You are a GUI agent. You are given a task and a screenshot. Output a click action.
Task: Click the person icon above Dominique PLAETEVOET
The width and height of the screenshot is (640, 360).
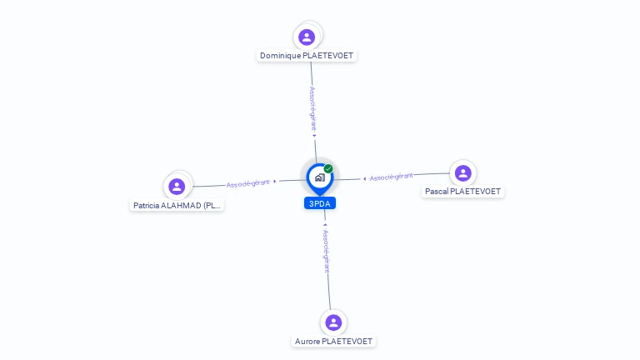(307, 37)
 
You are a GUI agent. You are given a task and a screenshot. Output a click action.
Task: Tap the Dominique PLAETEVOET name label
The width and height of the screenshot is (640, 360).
(307, 56)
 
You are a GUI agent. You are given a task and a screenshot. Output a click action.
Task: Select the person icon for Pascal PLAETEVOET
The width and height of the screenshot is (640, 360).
(463, 173)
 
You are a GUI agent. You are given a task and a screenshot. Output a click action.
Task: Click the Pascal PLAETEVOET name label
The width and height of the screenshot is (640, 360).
(462, 192)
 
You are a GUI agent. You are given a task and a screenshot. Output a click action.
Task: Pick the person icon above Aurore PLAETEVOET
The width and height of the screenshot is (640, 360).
(333, 322)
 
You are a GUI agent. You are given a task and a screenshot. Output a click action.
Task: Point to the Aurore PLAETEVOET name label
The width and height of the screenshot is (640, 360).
(334, 341)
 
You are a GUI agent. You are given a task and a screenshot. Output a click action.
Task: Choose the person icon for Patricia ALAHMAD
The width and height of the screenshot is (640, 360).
(177, 187)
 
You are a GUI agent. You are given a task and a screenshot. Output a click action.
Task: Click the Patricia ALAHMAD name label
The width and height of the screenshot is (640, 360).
(177, 205)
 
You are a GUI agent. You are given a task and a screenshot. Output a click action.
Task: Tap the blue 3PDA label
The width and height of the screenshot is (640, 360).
(320, 203)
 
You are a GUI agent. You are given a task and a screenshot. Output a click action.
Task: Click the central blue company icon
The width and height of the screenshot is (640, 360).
(319, 177)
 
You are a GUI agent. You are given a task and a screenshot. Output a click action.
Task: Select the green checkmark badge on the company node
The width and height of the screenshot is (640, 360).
(328, 168)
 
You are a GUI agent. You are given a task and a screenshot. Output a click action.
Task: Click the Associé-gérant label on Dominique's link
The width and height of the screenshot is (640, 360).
(312, 108)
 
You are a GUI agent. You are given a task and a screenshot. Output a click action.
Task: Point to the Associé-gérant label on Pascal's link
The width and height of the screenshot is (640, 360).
(391, 177)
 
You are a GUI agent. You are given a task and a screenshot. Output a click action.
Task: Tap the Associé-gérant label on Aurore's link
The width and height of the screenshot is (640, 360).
(327, 248)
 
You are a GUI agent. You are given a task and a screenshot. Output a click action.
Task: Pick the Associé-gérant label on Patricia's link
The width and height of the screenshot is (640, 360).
(248, 183)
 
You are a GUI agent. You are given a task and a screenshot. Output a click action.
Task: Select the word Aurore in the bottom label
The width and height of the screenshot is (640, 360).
(307, 341)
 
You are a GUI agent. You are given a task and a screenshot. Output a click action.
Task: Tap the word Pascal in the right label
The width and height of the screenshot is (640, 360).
(436, 192)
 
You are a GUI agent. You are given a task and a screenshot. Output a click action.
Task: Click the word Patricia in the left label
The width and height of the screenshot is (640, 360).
(147, 205)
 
